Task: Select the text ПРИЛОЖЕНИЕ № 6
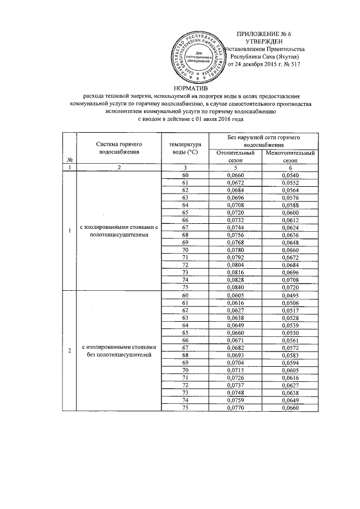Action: (x=260, y=34)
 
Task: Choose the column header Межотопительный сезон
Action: (x=289, y=156)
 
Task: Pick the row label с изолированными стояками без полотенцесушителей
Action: (x=118, y=352)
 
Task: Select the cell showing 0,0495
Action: (x=289, y=295)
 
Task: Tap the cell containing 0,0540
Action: (x=289, y=175)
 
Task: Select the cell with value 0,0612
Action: (x=289, y=219)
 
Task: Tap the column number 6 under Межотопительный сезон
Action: (x=289, y=168)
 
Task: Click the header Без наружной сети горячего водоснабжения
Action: (x=261, y=141)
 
